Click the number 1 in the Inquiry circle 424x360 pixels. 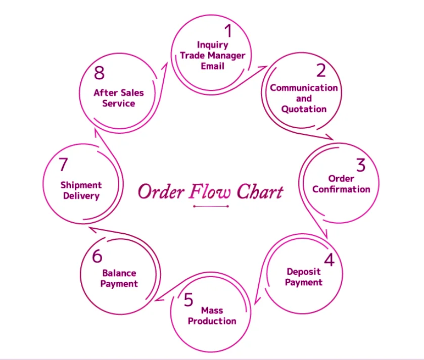tap(228, 31)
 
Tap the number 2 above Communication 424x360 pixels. tap(321, 71)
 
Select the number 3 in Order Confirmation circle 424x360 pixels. tap(360, 165)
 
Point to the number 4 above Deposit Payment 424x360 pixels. tap(329, 260)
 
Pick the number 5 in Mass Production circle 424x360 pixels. tap(189, 300)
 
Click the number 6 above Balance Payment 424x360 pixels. tap(97, 256)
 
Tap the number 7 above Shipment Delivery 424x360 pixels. tap(63, 165)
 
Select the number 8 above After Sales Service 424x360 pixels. tap(99, 73)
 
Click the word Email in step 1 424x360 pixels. tap(212, 66)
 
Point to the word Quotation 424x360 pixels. tap(304, 109)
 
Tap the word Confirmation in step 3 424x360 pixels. tap(341, 189)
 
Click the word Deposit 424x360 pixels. tap(303, 272)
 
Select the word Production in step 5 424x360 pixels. tap(212, 321)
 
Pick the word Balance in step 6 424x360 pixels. tap(119, 273)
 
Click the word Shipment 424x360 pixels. tap(81, 185)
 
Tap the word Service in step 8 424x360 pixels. tap(119, 104)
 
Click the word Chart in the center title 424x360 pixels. tap(260, 192)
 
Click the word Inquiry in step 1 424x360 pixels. tap(212, 45)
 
